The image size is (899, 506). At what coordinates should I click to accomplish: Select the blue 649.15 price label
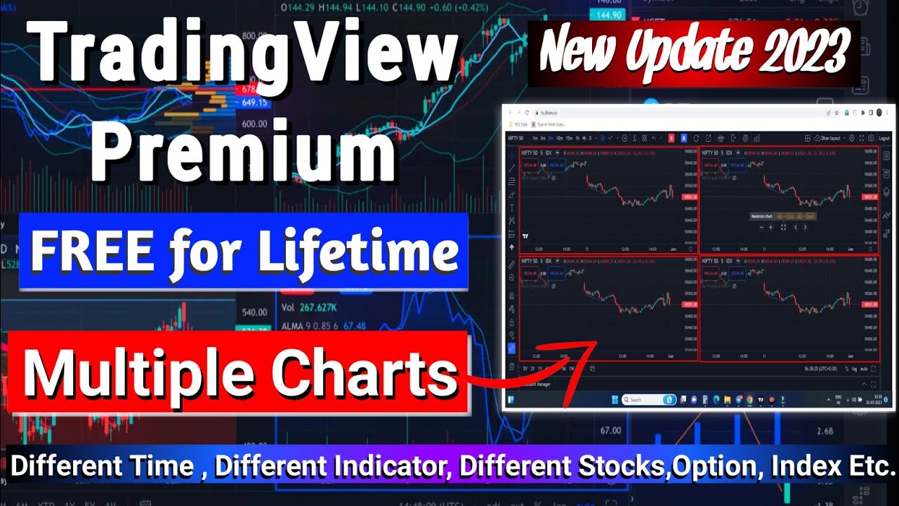pyautogui.click(x=254, y=103)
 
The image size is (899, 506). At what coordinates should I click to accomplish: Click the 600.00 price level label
pyautogui.click(x=254, y=124)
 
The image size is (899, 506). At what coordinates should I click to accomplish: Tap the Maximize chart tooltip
pyautogui.click(x=761, y=216)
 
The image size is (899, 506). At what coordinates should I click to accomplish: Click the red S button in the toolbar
pyautogui.click(x=671, y=138)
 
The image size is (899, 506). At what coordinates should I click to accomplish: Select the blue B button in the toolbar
pyautogui.click(x=683, y=138)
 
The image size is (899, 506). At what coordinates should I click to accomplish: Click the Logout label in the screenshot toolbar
pyautogui.click(x=884, y=138)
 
